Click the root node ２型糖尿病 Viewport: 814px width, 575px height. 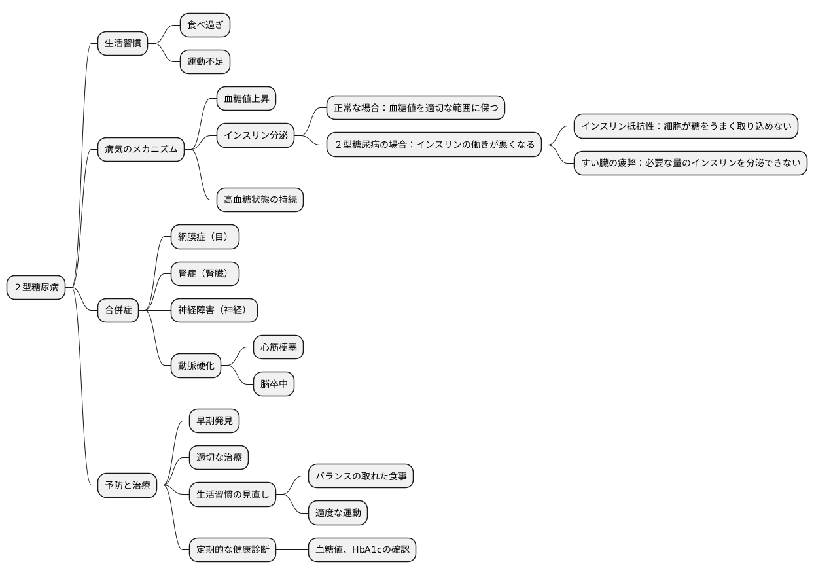36,287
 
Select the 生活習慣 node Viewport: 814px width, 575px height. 123,43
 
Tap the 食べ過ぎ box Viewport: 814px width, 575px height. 205,25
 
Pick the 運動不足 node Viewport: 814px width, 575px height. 205,61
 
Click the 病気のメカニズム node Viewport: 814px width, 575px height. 141,149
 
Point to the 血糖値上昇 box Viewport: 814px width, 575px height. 247,98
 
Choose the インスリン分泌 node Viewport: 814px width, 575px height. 255,135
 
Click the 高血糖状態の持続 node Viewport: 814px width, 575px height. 260,200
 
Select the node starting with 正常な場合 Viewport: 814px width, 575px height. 416,107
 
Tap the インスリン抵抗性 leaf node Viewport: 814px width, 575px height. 686,126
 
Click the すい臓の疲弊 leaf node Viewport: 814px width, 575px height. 690,163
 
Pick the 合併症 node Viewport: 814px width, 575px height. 118,310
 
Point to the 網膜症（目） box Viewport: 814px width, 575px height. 205,237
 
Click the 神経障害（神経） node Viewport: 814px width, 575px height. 214,310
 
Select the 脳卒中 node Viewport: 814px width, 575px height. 274,384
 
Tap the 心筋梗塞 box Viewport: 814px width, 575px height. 278,347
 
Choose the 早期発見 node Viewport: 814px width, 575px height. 214,421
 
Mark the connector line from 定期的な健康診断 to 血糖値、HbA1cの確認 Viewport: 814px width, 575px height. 292,549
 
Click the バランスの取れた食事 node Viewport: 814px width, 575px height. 361,476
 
